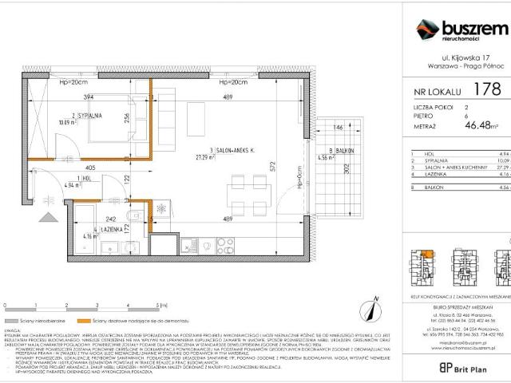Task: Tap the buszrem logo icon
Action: [x=426, y=31]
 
